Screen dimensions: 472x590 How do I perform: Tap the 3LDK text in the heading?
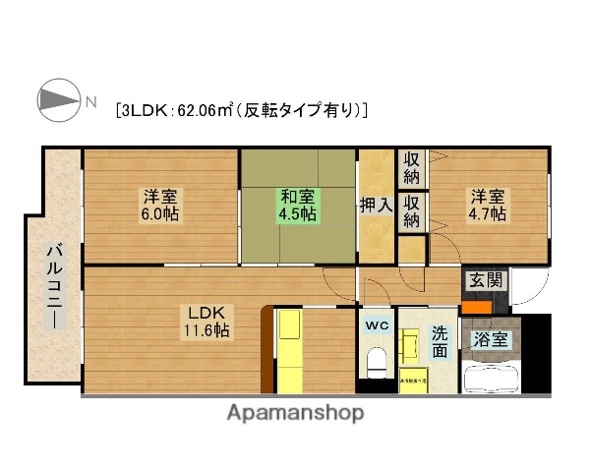coord(145,109)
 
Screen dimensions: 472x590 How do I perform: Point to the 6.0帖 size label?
coord(160,213)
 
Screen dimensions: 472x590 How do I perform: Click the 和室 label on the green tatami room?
coord(296,195)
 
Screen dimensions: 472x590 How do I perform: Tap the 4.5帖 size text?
coord(296,213)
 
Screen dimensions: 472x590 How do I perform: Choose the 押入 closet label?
coord(375,205)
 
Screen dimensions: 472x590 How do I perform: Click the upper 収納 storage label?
coord(411,166)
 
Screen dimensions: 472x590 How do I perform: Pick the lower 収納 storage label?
coord(411,212)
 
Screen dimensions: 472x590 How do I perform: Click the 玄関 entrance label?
coord(486,280)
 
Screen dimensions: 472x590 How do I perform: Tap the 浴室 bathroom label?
coord(491,340)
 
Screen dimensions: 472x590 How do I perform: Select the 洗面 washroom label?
coord(441,340)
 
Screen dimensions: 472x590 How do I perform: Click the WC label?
coord(378,324)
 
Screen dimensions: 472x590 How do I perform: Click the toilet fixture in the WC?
coord(376,361)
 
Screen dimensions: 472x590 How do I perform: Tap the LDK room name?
coord(207,313)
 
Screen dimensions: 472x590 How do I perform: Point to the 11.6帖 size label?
coord(207,331)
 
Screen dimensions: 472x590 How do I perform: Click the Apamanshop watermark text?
coord(295,414)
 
